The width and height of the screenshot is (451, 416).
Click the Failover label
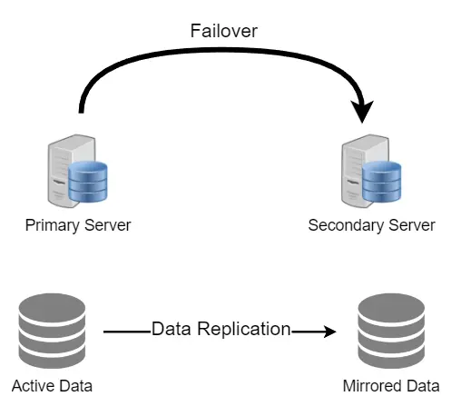click(224, 31)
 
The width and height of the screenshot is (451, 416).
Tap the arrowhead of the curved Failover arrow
click(362, 112)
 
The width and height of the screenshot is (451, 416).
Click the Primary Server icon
click(77, 171)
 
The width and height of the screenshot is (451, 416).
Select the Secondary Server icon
click(371, 171)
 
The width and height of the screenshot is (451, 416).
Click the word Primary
click(52, 225)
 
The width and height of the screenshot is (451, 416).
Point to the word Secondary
click(346, 225)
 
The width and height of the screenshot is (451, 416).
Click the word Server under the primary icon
click(107, 225)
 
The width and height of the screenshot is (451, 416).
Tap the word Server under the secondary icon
click(412, 225)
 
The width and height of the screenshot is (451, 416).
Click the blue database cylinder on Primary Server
click(88, 182)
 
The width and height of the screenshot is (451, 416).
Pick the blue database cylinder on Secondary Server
click(381, 182)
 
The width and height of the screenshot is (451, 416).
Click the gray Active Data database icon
click(52, 331)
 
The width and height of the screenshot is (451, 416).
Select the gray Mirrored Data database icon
click(391, 331)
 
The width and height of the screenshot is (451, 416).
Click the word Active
click(33, 386)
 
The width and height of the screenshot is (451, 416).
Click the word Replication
click(244, 330)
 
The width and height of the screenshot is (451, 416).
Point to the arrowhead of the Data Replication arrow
click(330, 332)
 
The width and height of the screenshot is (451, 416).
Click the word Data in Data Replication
click(172, 329)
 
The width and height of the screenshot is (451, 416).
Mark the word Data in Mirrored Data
click(423, 386)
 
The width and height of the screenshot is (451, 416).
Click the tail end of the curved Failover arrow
click(81, 112)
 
